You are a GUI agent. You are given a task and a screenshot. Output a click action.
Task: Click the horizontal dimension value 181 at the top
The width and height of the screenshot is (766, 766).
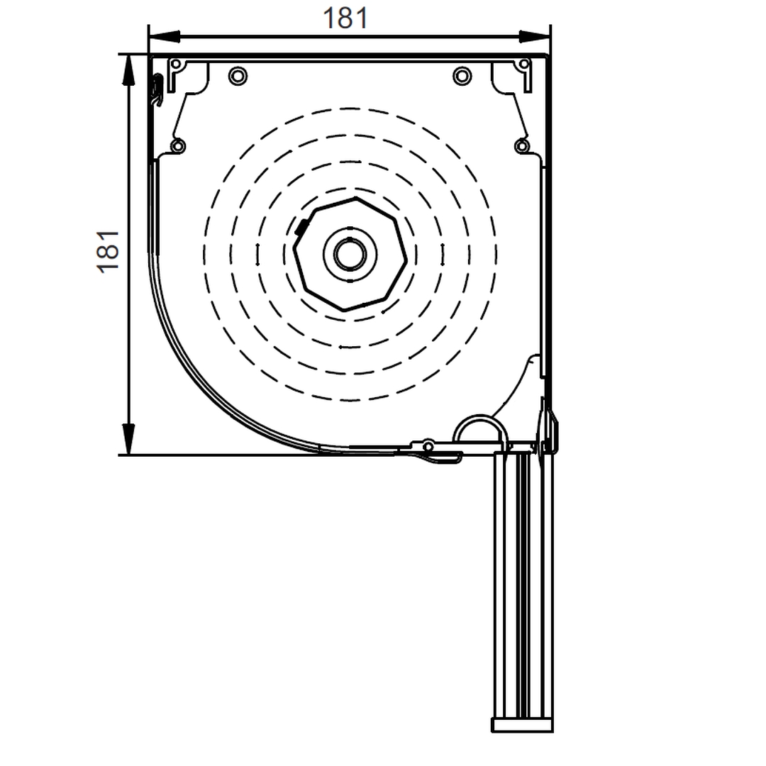click(x=345, y=18)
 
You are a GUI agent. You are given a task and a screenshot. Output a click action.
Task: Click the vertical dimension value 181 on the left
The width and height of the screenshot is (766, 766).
click(x=108, y=252)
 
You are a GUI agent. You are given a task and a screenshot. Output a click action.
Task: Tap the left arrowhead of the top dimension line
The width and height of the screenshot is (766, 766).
click(x=164, y=36)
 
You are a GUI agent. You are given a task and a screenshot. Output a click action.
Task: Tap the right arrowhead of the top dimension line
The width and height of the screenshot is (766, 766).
click(x=535, y=36)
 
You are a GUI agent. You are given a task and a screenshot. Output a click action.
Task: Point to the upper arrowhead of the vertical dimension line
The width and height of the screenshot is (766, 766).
click(x=128, y=70)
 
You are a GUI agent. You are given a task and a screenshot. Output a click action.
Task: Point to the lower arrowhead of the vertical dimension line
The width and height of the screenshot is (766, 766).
click(x=128, y=439)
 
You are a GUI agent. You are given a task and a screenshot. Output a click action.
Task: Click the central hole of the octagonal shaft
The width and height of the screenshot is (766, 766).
click(x=350, y=254)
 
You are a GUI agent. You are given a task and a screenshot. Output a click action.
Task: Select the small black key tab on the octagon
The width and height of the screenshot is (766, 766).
click(x=301, y=227)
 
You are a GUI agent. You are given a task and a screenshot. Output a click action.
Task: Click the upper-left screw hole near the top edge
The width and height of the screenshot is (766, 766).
click(x=238, y=76)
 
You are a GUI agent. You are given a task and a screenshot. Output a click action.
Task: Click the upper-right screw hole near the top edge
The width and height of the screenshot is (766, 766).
click(x=462, y=76)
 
